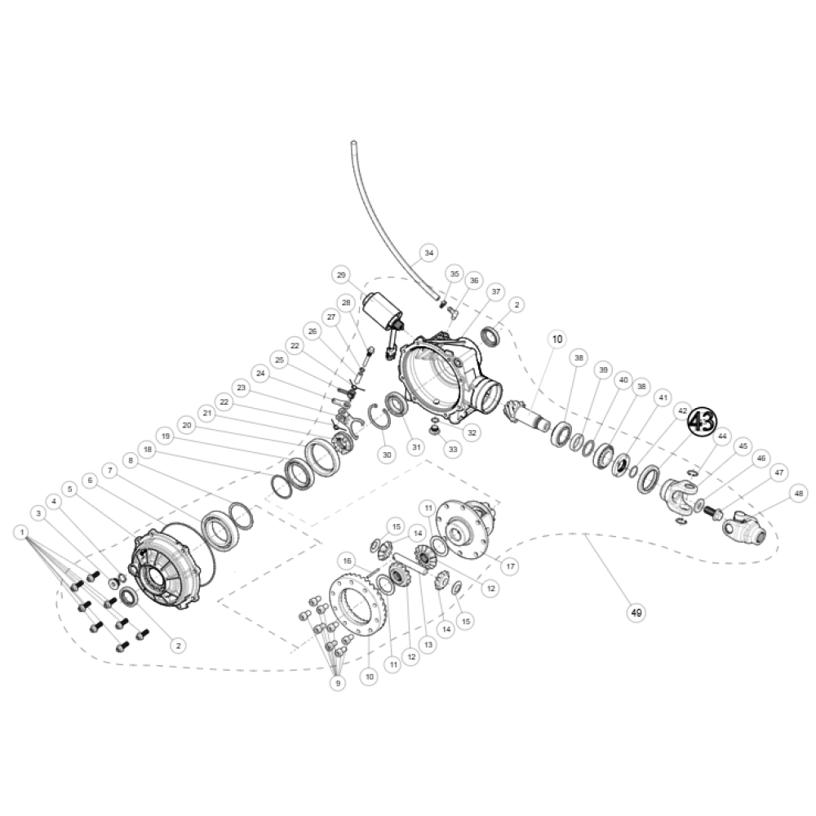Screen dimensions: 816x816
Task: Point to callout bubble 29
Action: (341, 274)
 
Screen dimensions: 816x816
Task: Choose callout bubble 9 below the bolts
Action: (337, 682)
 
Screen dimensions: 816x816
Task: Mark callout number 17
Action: (511, 565)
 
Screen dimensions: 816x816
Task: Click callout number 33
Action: (451, 448)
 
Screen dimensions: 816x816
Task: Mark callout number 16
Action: (348, 561)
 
